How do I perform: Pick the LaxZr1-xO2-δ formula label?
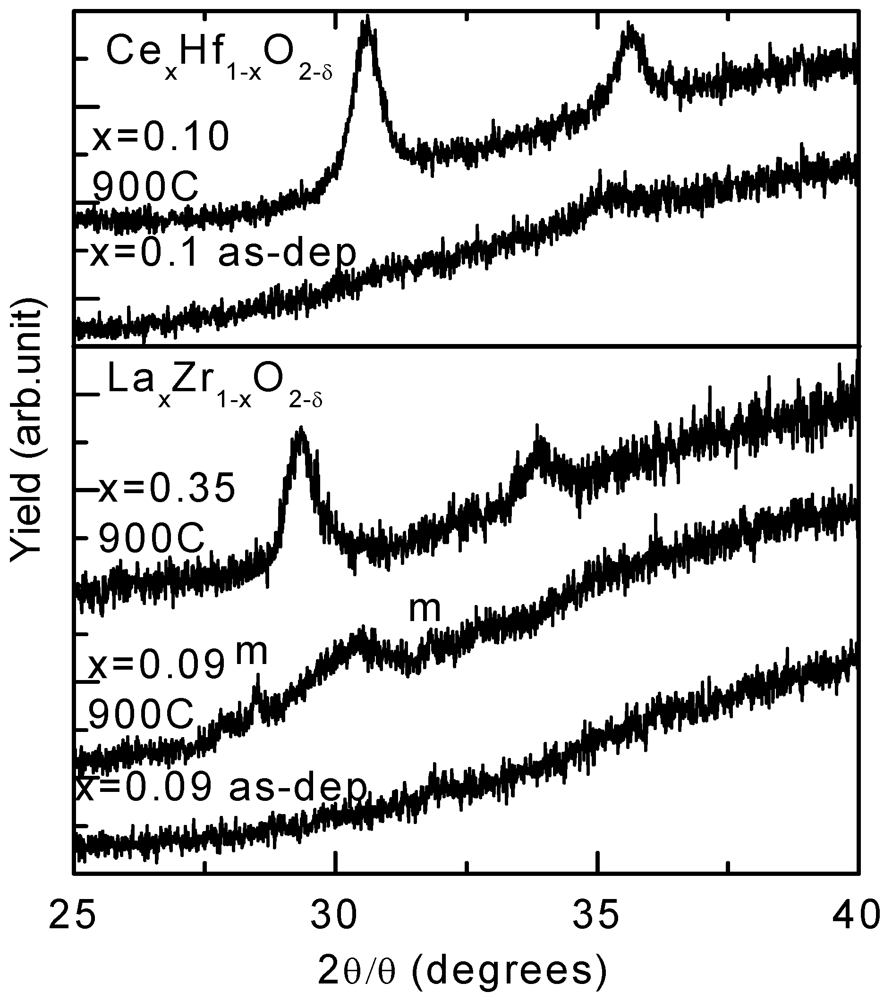[x=214, y=388]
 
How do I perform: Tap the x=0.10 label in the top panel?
[x=161, y=137]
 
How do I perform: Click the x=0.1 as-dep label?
[x=223, y=254]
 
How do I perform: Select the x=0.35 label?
[x=167, y=490]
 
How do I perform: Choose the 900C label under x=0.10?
[x=145, y=187]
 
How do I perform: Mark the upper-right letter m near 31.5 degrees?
[x=425, y=610]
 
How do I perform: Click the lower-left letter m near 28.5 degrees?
[x=252, y=653]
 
